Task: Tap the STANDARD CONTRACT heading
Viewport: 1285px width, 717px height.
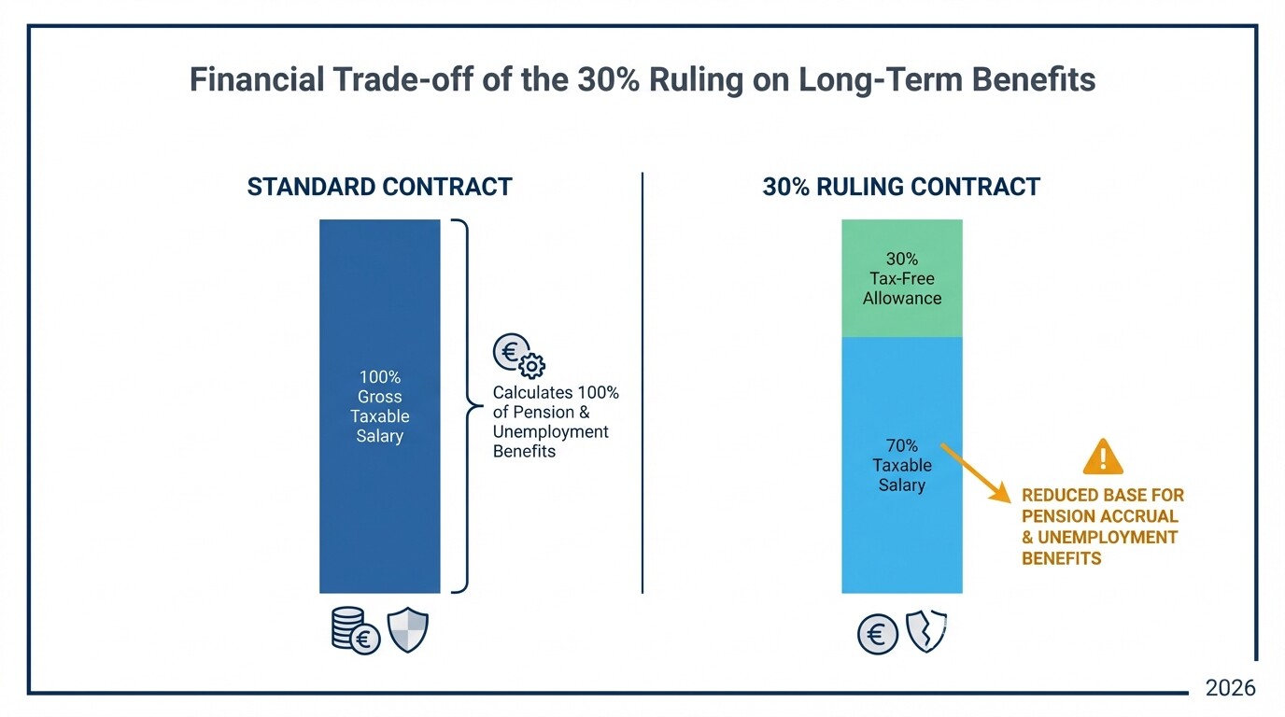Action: click(x=379, y=187)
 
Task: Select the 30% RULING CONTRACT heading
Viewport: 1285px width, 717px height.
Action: click(x=901, y=187)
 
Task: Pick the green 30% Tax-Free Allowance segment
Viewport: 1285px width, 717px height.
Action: click(x=901, y=278)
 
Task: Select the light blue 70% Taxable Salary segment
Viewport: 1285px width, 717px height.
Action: click(x=901, y=523)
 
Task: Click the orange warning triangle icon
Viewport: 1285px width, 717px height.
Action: click(x=1103, y=457)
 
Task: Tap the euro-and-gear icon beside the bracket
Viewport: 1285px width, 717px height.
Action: click(x=517, y=356)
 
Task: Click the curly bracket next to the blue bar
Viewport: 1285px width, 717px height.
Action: click(x=461, y=406)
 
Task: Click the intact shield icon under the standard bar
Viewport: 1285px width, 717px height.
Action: click(x=408, y=630)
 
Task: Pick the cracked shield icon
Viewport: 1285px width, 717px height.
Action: click(x=926, y=631)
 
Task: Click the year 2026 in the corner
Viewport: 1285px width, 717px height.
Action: click(x=1230, y=688)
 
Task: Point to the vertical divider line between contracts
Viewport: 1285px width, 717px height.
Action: click(x=642, y=383)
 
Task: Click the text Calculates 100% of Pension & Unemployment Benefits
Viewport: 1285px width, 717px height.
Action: click(x=556, y=422)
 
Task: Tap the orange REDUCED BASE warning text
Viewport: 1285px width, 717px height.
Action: click(x=1102, y=527)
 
